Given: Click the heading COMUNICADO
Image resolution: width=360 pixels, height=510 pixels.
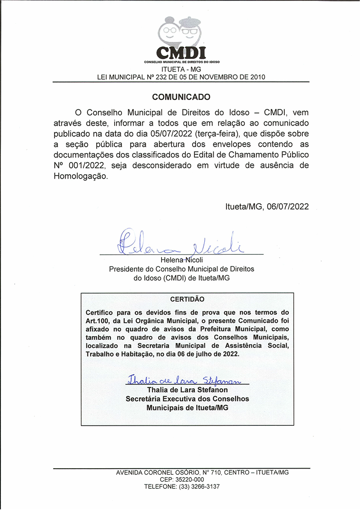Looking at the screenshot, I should tap(181, 97).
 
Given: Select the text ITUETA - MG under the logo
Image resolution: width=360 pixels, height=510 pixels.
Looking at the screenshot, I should tap(181, 69).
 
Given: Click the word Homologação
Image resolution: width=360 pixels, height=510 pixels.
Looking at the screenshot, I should tap(81, 177).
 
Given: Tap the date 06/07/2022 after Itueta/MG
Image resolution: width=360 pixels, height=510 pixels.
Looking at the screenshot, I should tap(288, 207).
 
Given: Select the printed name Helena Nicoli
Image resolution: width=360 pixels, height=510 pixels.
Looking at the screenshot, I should tap(181, 260).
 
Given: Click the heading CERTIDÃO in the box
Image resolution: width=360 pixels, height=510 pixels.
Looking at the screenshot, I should tap(187, 299).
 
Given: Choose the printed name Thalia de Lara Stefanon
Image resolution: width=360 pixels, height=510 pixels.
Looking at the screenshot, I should tap(187, 390).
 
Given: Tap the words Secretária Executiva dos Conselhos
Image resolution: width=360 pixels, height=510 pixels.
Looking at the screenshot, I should tap(187, 399).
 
